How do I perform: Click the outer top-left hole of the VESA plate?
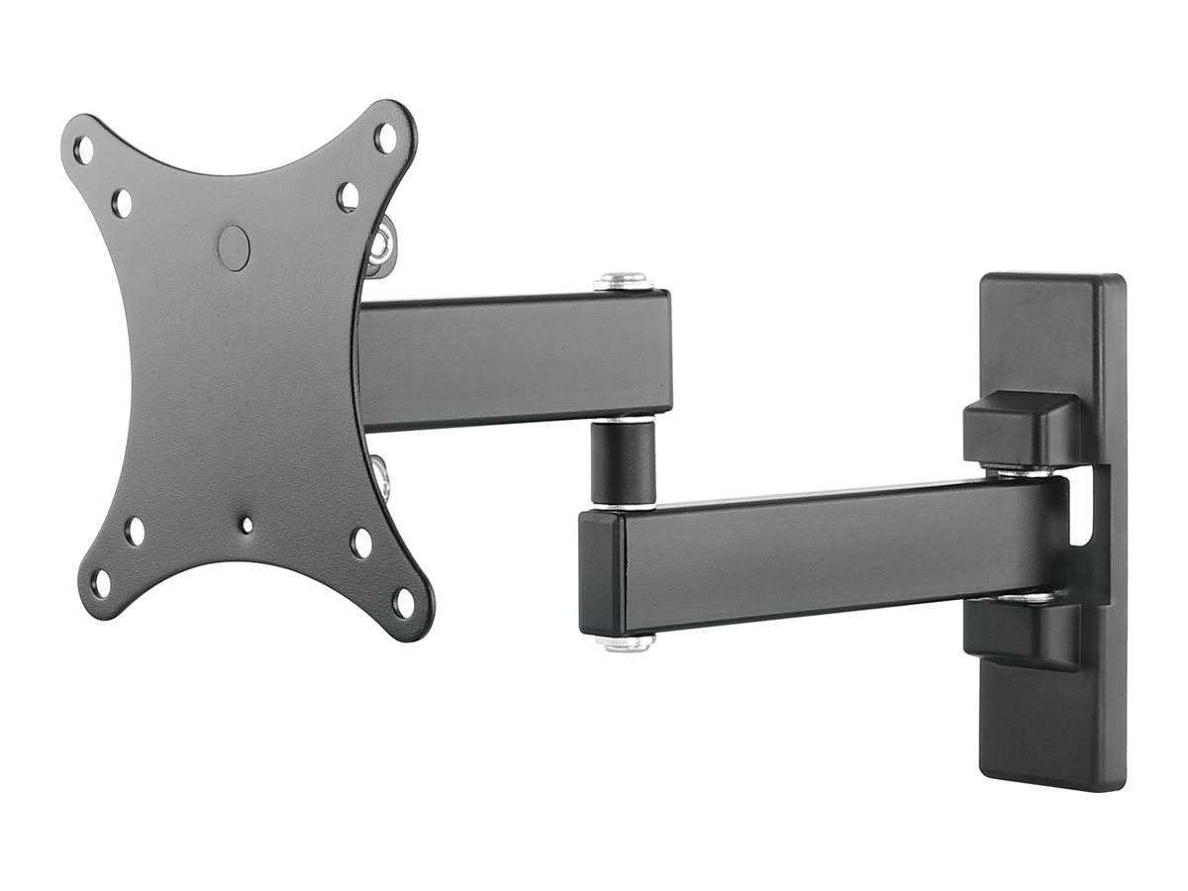84,151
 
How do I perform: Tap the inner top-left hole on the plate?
121,203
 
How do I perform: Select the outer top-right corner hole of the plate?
385,138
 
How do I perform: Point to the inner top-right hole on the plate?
347,195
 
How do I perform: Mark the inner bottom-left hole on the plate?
135,532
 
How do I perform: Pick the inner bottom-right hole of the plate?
361,543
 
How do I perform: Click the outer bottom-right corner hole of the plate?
403,601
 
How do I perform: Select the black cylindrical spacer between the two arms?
624,460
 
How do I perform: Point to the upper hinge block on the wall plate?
1020,429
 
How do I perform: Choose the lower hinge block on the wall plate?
1020,634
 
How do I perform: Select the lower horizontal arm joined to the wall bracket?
812,554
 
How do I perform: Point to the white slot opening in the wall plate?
1087,505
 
